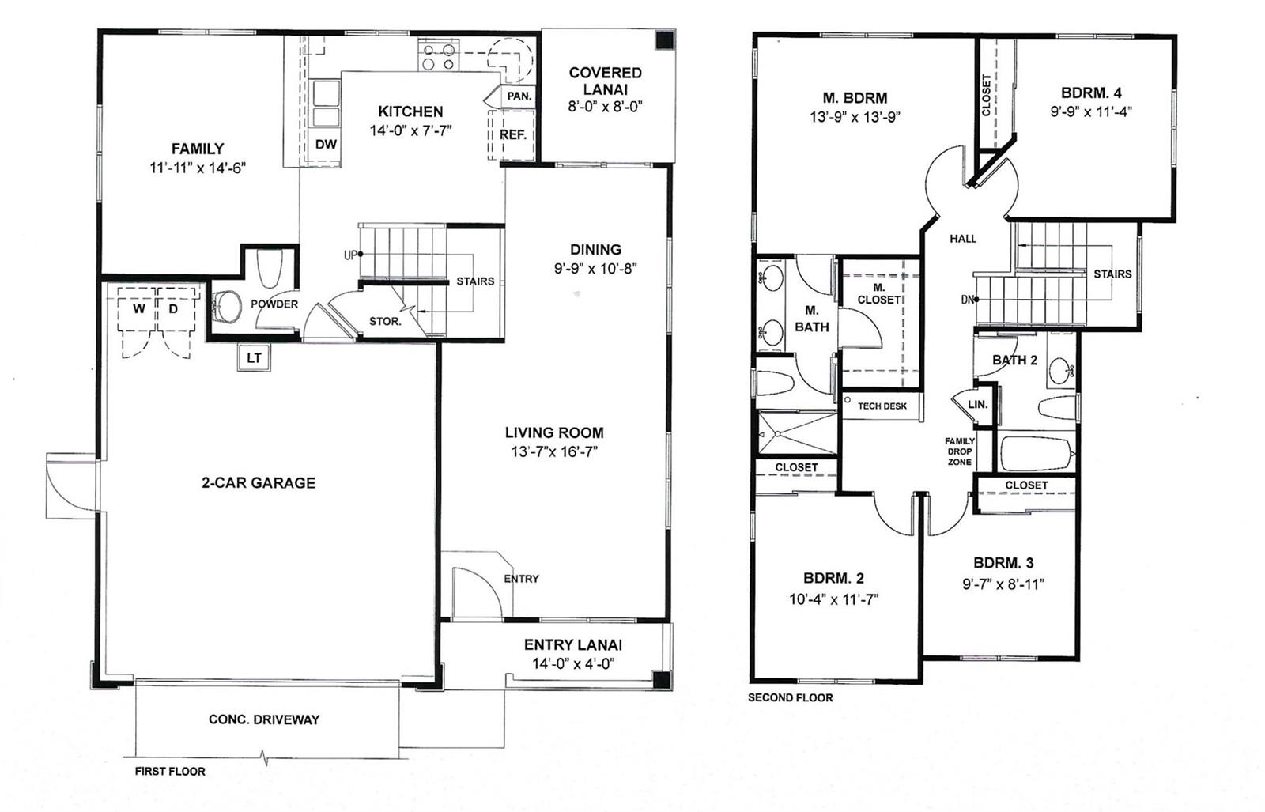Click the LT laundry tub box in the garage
coord(254,357)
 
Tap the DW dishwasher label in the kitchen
coord(326,145)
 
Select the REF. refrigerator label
coord(513,135)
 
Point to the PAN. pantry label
coord(519,96)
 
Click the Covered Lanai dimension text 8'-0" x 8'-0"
coord(606,107)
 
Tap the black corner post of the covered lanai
coord(665,40)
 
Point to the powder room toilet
coord(270,269)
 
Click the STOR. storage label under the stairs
coord(385,321)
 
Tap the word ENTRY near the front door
coord(521,579)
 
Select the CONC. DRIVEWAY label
coord(264,719)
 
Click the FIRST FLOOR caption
coord(170,772)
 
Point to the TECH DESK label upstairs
coord(882,406)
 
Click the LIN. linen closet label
coord(977,404)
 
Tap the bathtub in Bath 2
coord(1037,453)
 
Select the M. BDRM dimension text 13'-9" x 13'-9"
coord(855,117)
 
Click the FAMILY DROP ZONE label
coord(960,451)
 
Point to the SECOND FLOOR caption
coord(790,698)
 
